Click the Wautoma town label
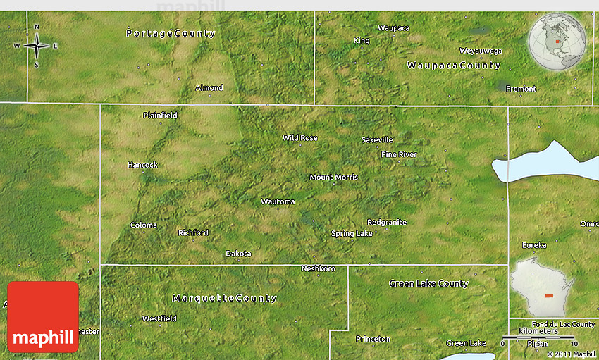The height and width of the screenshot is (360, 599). point(278,201)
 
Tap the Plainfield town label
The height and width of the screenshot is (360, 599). point(160,115)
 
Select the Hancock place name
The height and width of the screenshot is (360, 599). point(142,165)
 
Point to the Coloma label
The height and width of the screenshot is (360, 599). point(144,225)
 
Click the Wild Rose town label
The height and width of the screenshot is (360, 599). point(300,138)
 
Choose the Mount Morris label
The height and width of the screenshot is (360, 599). point(334,177)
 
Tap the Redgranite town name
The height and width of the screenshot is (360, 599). point(387,222)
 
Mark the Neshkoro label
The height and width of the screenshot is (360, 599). point(318,268)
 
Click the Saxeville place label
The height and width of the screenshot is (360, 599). point(377,139)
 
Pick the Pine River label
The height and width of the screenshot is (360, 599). point(399,154)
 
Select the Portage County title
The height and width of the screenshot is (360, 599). point(171,33)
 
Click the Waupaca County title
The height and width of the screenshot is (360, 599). point(454,66)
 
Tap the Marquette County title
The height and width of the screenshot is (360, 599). point(224,298)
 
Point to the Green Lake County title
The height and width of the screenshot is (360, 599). point(428,283)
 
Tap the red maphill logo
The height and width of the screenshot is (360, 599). point(43,317)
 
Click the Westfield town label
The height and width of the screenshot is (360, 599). point(159,318)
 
